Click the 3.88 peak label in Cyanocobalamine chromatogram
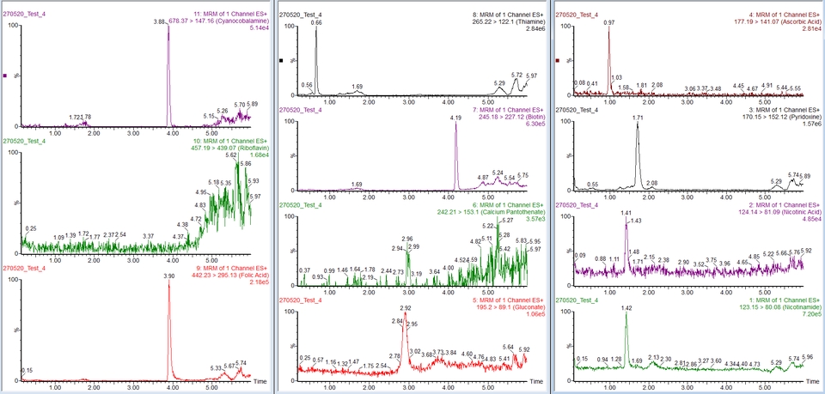click(x=159, y=21)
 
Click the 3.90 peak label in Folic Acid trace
click(x=169, y=276)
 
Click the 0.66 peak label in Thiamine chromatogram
click(x=316, y=22)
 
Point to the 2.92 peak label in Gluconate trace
click(x=407, y=307)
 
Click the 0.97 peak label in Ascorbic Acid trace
click(x=608, y=22)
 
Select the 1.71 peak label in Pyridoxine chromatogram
click(x=638, y=118)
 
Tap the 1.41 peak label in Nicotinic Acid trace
click(x=626, y=213)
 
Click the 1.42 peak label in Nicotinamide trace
click(x=626, y=307)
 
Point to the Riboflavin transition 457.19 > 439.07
click(x=208, y=147)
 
